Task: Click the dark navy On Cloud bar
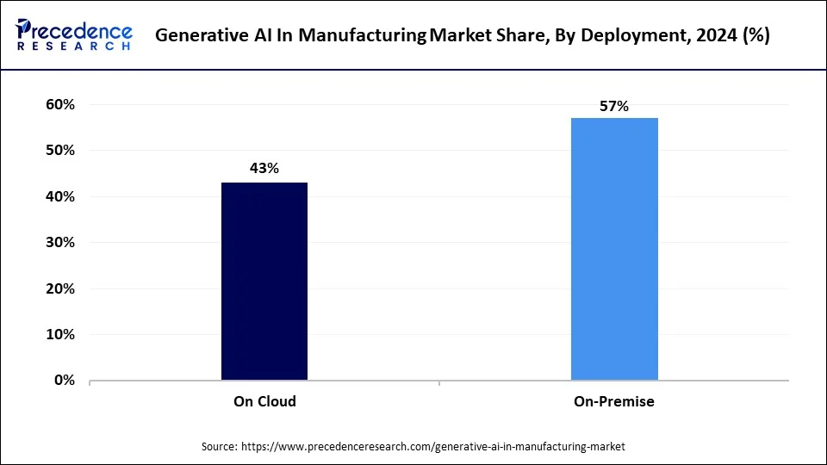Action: [x=264, y=281]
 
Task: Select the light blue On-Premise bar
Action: [x=614, y=249]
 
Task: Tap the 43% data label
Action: [x=264, y=169]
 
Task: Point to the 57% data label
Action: [x=614, y=107]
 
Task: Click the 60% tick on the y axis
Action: [x=59, y=104]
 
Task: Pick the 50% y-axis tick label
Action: [x=59, y=151]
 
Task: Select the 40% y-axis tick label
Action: [x=59, y=196]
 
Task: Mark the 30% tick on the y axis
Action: [x=59, y=243]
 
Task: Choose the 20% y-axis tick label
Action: [x=59, y=288]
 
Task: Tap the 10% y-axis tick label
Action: [x=59, y=334]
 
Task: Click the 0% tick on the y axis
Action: [x=64, y=380]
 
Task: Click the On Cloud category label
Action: [x=264, y=401]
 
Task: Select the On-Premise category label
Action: [x=614, y=401]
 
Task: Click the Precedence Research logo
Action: [x=74, y=35]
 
